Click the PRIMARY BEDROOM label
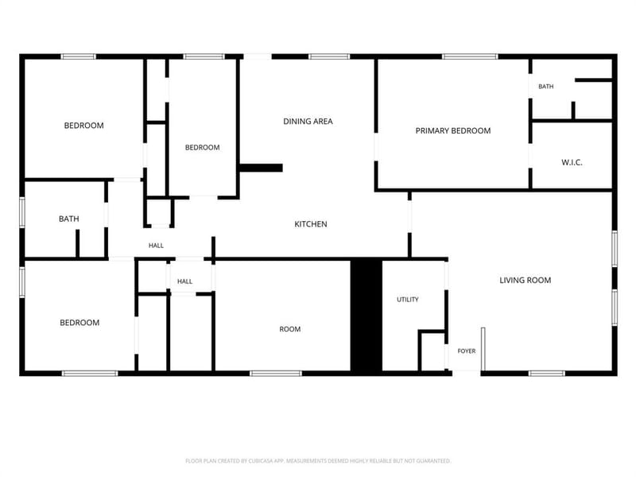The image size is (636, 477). (452, 130)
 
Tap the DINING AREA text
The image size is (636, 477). (308, 121)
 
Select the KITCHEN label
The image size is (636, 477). (311, 224)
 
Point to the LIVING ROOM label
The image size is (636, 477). (525, 280)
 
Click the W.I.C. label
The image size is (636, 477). (572, 162)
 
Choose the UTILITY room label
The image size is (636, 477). (408, 300)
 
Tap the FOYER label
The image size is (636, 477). (467, 351)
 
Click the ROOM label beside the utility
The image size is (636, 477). (290, 329)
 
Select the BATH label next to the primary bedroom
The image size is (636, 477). (546, 87)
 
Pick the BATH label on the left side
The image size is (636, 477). (69, 219)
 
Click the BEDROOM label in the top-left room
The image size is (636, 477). (84, 126)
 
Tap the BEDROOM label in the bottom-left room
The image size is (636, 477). (79, 323)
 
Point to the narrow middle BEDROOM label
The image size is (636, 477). (203, 147)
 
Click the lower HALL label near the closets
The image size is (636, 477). (184, 281)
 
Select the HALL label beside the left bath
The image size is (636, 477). (156, 246)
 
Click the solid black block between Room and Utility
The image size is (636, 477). (366, 315)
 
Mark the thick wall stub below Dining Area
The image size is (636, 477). (261, 168)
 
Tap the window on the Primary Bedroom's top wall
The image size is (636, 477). (470, 56)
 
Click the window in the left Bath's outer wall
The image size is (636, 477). (22, 212)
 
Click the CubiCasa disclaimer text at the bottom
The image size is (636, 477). (318, 461)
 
